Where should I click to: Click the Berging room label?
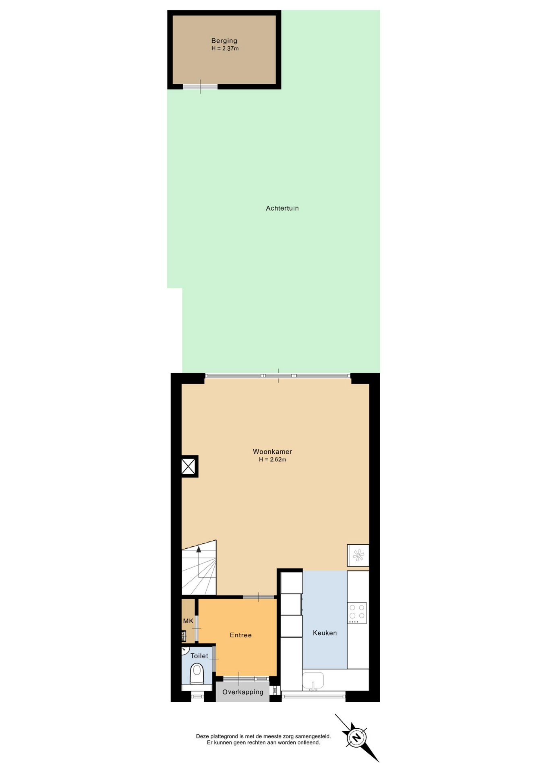pos(224,41)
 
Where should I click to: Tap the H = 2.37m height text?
pos(225,49)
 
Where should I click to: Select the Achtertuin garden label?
pos(282,208)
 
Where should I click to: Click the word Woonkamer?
pos(272,452)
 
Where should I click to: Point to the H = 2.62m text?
pos(272,459)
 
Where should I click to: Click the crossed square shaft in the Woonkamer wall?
pos(189,466)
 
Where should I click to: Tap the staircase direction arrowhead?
pos(198,549)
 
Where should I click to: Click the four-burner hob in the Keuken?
pos(357,613)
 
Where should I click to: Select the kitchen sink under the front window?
pos(313,681)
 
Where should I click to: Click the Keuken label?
pos(325,633)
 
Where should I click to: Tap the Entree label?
pos(240,635)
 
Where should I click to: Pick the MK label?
pos(188,621)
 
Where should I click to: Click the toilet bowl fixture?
pos(197,674)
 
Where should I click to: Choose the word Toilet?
pos(199,656)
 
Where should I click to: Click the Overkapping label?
pos(242,692)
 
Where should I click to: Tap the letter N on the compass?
pos(356,738)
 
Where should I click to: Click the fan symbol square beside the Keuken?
pos(358,556)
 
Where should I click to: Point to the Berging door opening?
pos(200,87)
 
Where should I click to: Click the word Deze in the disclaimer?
pos(202,736)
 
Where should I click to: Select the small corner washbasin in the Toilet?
pos(185,650)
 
